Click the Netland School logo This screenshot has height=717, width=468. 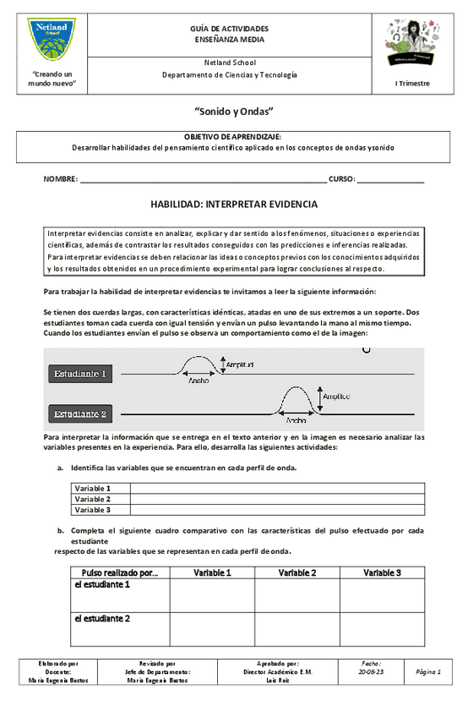click(52, 41)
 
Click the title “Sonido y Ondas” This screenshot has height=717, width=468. click(233, 112)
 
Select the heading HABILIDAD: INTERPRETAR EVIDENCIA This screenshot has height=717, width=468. click(233, 205)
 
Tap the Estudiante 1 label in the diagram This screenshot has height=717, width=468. click(80, 373)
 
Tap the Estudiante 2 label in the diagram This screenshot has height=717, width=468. click(80, 414)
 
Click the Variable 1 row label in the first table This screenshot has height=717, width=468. click(92, 489)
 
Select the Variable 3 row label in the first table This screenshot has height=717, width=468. click(92, 510)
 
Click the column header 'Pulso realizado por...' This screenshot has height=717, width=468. click(118, 572)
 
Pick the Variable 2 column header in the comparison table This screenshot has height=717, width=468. click(297, 572)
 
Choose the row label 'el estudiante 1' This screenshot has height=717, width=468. click(101, 584)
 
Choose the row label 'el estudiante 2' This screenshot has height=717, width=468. click(101, 618)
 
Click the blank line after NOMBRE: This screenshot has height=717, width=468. click(203, 180)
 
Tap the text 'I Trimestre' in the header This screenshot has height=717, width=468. click(412, 84)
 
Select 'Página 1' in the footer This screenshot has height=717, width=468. click(428, 672)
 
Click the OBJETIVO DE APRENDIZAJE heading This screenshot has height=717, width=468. click(233, 136)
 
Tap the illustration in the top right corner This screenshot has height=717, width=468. click(412, 43)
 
